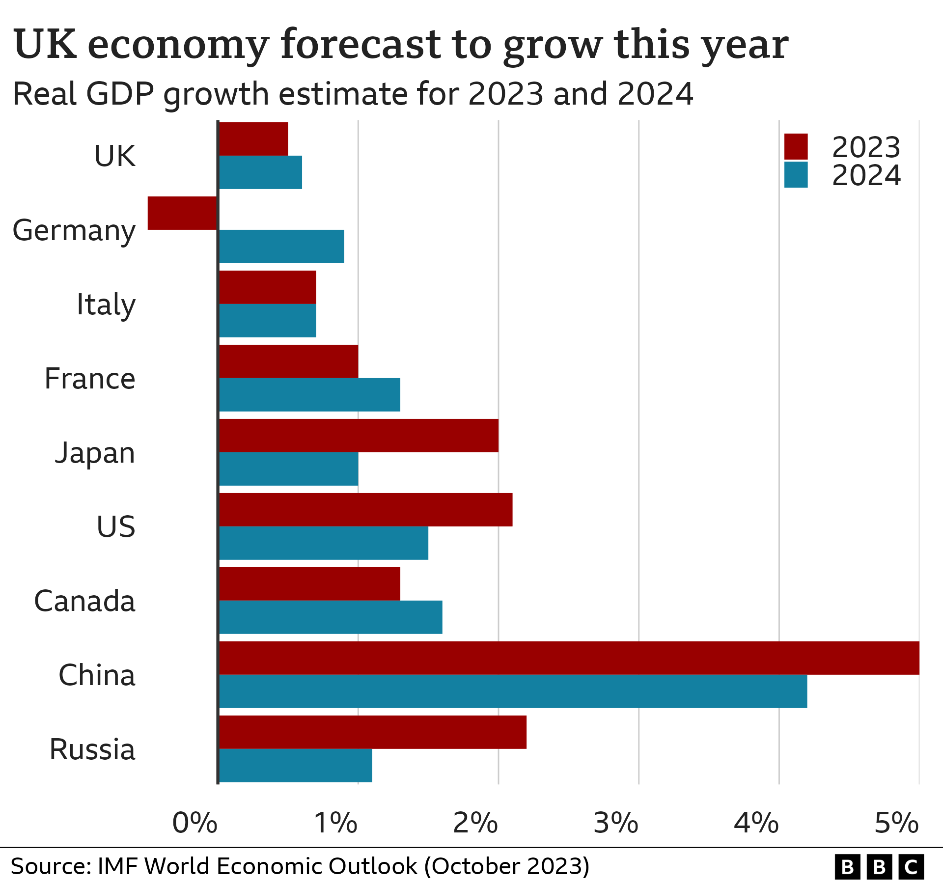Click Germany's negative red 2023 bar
182,213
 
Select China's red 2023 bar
569,658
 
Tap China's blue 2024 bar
513,691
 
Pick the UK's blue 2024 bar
260,172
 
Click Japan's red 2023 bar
359,436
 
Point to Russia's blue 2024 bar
295,765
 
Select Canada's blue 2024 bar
331,617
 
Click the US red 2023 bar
365,510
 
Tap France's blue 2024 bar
309,394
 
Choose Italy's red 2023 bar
267,287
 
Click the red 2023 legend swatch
796,146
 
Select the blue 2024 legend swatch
796,175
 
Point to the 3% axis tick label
616,823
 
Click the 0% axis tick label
194,823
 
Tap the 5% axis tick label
896,823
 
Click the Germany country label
74,231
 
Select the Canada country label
84,601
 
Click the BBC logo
879,867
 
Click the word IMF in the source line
118,866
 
